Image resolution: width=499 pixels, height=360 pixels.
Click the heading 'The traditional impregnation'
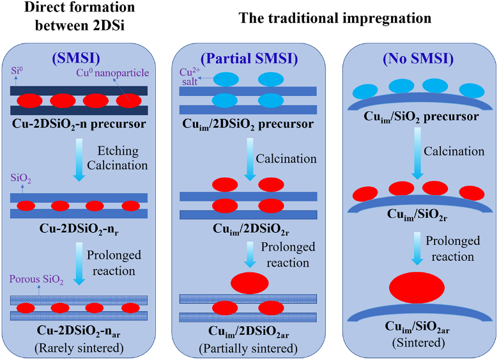(x=335, y=18)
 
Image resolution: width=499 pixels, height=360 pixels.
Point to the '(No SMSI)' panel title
(x=418, y=59)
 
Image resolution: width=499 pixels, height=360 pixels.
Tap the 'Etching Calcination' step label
(x=122, y=159)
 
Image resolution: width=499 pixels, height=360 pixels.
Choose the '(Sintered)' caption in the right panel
(x=418, y=342)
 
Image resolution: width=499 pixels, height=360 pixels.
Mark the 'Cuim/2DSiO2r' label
(x=248, y=228)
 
